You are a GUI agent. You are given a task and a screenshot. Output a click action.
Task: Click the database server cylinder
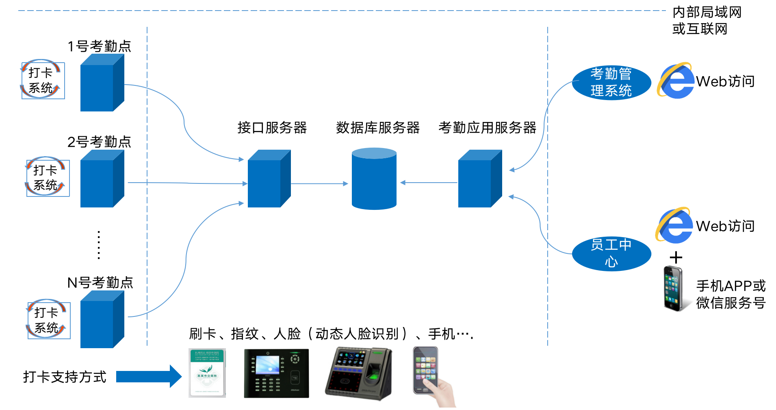pos(374,179)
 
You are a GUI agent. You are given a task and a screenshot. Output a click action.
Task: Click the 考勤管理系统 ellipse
pos(611,83)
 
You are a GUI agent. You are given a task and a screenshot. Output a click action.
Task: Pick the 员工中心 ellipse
pos(611,253)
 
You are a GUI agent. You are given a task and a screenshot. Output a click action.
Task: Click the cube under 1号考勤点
pos(102,83)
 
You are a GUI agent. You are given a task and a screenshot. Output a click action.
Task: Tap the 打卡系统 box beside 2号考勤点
pos(48,178)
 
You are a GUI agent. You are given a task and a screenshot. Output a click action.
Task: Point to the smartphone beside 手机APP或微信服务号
pos(673,288)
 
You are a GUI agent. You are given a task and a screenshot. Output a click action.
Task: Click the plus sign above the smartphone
pos(676,257)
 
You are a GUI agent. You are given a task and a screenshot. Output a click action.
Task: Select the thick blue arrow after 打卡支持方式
pos(148,376)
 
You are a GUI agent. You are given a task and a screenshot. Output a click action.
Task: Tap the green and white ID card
pos(207,373)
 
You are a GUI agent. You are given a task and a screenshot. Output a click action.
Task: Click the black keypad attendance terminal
pos(276,373)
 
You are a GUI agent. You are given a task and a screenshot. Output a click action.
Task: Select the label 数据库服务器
pos(377,128)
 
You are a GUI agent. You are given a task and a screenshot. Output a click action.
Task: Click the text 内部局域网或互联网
pos(707,21)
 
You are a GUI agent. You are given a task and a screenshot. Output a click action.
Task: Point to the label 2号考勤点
pos(99,142)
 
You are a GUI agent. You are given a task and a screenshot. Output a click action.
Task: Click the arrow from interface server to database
pos(319,184)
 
